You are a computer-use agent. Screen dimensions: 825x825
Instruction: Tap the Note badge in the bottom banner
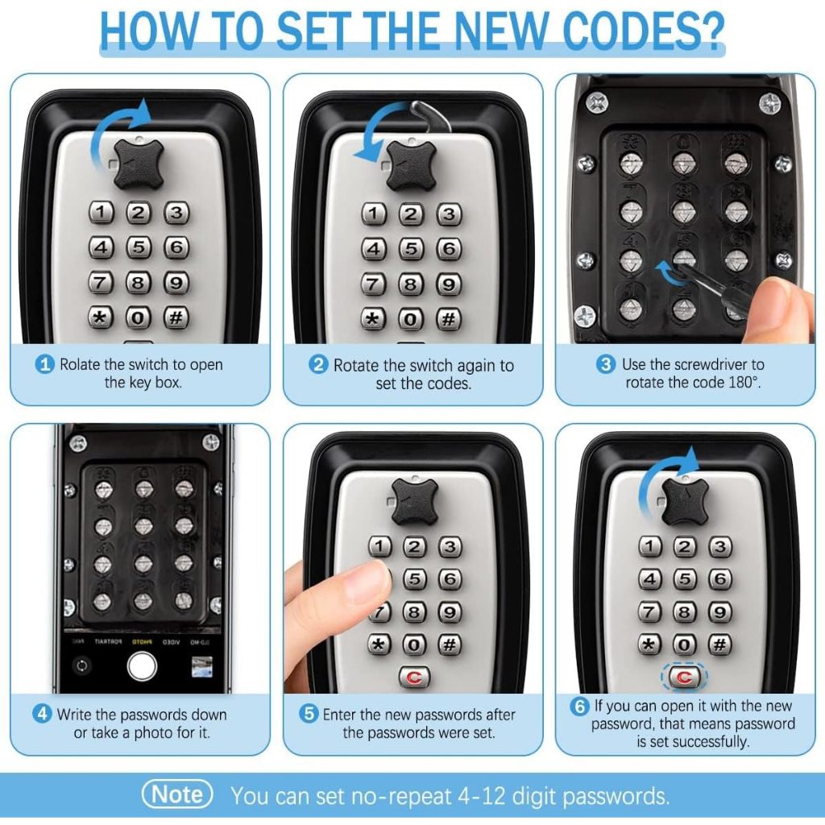pyautogui.click(x=177, y=794)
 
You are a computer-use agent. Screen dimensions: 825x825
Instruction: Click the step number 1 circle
pyautogui.click(x=45, y=364)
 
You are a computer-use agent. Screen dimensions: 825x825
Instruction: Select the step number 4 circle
pyautogui.click(x=42, y=714)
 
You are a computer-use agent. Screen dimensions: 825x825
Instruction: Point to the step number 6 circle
pyautogui.click(x=579, y=706)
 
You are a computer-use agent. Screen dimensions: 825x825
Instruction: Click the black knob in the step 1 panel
pyautogui.click(x=139, y=164)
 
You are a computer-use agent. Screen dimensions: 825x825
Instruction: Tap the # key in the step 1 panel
pyautogui.click(x=176, y=317)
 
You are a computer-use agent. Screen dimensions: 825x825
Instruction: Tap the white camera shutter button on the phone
pyautogui.click(x=142, y=665)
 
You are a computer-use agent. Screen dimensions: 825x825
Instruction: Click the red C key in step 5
pyautogui.click(x=414, y=677)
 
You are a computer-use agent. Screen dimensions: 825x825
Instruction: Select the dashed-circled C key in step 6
pyautogui.click(x=684, y=677)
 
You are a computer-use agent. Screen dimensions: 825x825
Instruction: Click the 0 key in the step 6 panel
pyautogui.click(x=684, y=644)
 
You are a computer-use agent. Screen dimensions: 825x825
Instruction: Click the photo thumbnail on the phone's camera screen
pyautogui.click(x=202, y=666)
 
